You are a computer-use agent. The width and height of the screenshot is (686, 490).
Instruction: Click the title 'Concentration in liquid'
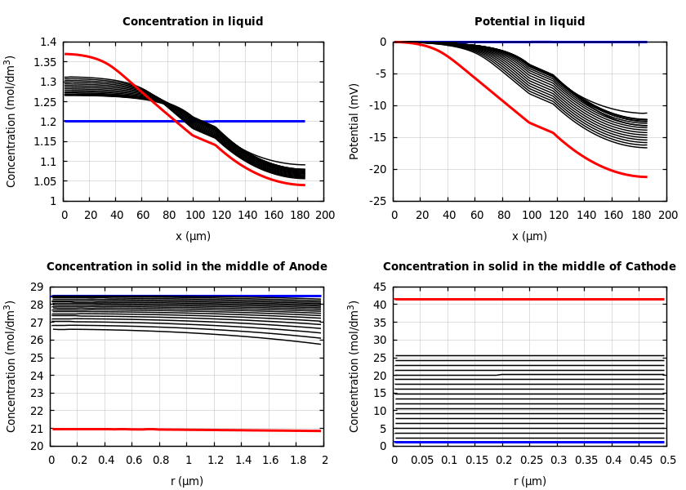[x=193, y=22]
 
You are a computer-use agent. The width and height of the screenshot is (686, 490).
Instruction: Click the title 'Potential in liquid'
[x=529, y=22]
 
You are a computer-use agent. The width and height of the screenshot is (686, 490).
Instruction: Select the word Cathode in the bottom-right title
[x=651, y=267]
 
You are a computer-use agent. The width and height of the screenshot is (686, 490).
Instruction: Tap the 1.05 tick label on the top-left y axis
[x=43, y=181]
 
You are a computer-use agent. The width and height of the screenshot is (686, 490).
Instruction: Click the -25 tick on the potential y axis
[x=376, y=201]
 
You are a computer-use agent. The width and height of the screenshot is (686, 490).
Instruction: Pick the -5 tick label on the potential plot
[x=380, y=74]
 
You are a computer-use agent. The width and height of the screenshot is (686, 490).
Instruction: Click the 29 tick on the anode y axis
[x=36, y=287]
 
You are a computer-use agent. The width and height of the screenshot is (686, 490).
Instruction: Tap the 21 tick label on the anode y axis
[x=36, y=429]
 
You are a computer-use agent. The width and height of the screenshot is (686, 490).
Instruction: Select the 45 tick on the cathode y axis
[x=379, y=287]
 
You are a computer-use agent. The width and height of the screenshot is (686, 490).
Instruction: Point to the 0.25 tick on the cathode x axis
[x=531, y=461]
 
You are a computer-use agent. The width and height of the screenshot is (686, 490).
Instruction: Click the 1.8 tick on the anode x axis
[x=297, y=461]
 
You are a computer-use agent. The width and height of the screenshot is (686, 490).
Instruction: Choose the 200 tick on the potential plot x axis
[x=668, y=216]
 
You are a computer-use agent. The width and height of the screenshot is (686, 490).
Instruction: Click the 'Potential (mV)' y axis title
[x=354, y=121]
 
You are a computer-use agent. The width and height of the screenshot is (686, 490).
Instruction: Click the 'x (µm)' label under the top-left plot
[x=193, y=237]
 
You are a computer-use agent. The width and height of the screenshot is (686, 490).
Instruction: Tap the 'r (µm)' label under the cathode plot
[x=529, y=482]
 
